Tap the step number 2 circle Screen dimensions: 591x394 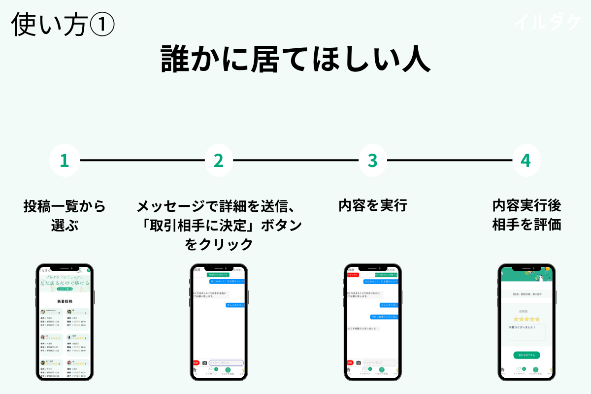coord(219,161)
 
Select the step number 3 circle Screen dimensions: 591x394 coord(373,161)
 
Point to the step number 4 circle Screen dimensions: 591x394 coord(526,161)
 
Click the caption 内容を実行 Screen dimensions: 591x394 coord(373,205)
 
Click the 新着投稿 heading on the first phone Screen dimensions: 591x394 coord(65,301)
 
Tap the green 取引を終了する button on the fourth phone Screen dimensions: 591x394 coord(526,355)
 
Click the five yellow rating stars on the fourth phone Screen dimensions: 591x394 coord(526,319)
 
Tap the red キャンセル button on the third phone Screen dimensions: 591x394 coord(353,274)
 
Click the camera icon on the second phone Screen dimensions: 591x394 coord(205,363)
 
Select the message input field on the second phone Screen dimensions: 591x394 coord(226,363)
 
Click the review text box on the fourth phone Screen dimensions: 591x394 coord(526,332)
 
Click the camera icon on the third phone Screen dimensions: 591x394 coord(359,363)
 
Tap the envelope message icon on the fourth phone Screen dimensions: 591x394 coord(519,370)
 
